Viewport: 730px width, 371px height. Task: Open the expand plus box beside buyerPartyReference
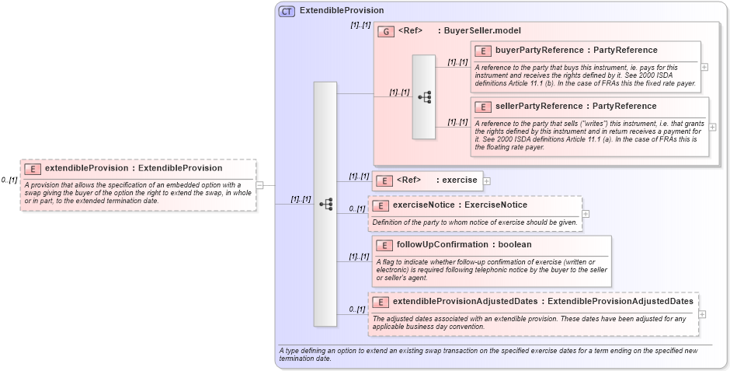click(704, 67)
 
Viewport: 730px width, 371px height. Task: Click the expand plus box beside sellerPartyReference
click(712, 127)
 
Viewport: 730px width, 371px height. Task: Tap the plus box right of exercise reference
click(487, 181)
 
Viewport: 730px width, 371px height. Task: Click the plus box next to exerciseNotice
click(586, 214)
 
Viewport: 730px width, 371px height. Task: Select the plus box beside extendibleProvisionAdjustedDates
click(703, 314)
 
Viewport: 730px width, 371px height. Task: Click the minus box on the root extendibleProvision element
click(260, 185)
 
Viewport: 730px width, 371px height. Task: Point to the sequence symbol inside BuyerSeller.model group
click(424, 97)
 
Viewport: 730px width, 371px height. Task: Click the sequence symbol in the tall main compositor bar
click(325, 205)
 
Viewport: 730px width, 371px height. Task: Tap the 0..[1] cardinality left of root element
click(9, 180)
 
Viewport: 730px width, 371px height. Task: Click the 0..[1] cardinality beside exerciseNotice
click(356, 208)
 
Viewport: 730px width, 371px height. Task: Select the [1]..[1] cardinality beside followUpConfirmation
click(358, 257)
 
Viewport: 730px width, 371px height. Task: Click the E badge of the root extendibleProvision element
click(33, 168)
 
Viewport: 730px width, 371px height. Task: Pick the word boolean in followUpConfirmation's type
click(514, 245)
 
